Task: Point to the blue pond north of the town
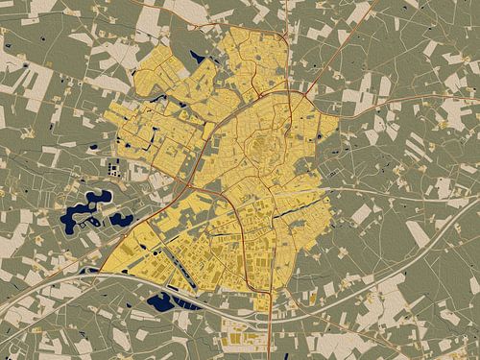[x=199, y=56]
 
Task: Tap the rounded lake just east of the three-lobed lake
[x=121, y=219]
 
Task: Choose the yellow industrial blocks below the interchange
[x=240, y=336]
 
